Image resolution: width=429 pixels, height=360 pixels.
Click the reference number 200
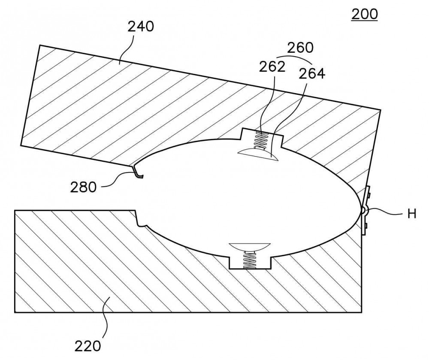click(364, 14)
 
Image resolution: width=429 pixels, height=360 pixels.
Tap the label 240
click(141, 27)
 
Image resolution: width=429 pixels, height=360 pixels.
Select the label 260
click(300, 48)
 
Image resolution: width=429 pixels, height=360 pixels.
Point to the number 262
click(272, 67)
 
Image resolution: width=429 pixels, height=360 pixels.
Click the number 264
click(311, 73)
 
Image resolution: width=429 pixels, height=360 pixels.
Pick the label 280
click(84, 188)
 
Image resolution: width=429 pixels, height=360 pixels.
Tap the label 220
click(88, 346)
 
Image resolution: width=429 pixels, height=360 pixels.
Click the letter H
click(412, 214)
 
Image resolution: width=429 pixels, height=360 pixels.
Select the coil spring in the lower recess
click(249, 260)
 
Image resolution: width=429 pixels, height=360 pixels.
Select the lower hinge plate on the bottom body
click(364, 224)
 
